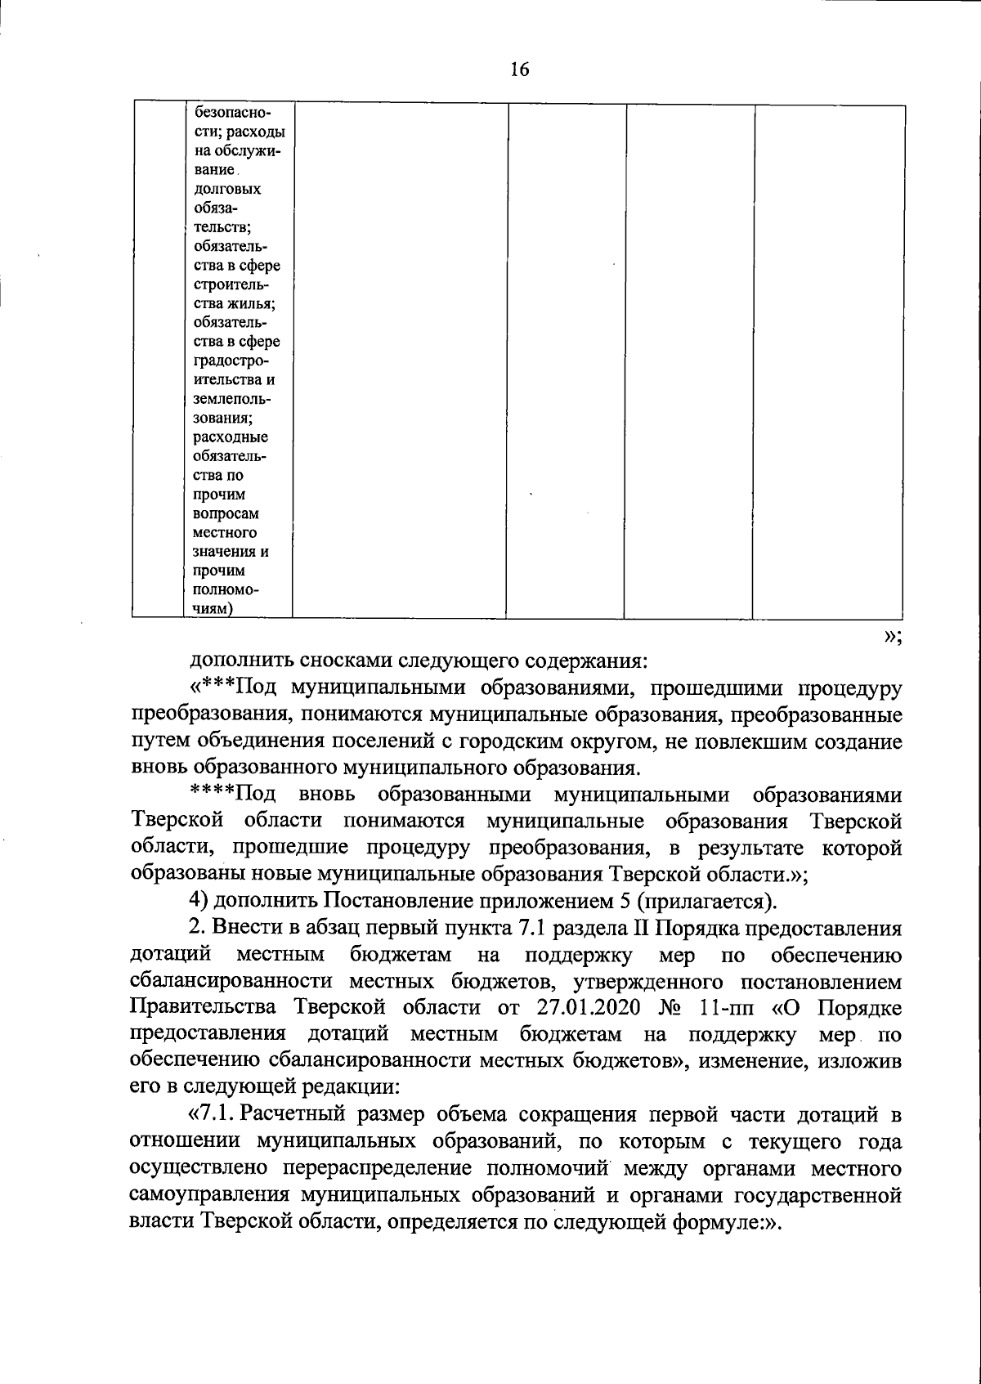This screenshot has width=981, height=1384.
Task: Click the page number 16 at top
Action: click(x=520, y=69)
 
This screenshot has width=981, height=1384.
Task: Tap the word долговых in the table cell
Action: click(x=228, y=189)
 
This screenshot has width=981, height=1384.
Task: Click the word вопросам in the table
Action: click(x=226, y=513)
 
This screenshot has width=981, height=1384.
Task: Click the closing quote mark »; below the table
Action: click(x=893, y=638)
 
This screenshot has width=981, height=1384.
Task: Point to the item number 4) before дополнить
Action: click(x=199, y=901)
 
